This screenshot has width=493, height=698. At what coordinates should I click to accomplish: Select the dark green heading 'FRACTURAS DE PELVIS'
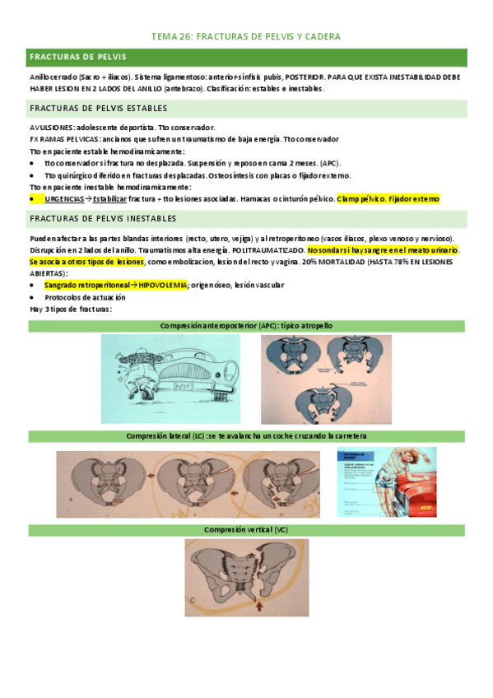point(78,58)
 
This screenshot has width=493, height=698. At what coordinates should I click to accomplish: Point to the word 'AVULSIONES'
point(50,128)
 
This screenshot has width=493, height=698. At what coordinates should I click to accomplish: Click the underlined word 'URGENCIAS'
point(63,198)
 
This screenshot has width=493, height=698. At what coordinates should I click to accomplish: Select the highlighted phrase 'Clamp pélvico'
point(360,198)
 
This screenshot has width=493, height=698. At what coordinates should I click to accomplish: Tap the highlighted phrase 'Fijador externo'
point(414,198)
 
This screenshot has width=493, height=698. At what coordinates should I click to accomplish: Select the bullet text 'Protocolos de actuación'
point(86,296)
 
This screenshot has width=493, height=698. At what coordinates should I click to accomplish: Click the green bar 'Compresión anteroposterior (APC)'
point(246,326)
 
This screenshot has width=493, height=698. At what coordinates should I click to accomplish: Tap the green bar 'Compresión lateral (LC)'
point(246,435)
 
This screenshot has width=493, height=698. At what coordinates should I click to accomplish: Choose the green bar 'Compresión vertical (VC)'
point(246,529)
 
